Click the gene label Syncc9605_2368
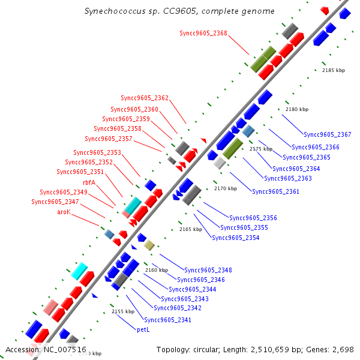[x=203, y=33]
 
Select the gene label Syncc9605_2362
[x=145, y=98]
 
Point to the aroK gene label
[x=64, y=212]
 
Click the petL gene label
[x=143, y=329]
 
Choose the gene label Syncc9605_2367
[x=328, y=134]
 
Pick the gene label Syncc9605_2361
[x=275, y=192]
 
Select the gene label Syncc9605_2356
[x=253, y=218]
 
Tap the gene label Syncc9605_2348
[x=208, y=270]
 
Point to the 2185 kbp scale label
[x=334, y=70]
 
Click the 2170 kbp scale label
[x=226, y=188]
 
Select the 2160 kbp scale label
[x=157, y=271]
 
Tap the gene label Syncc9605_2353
[x=97, y=152]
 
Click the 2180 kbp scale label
[x=296, y=109]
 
